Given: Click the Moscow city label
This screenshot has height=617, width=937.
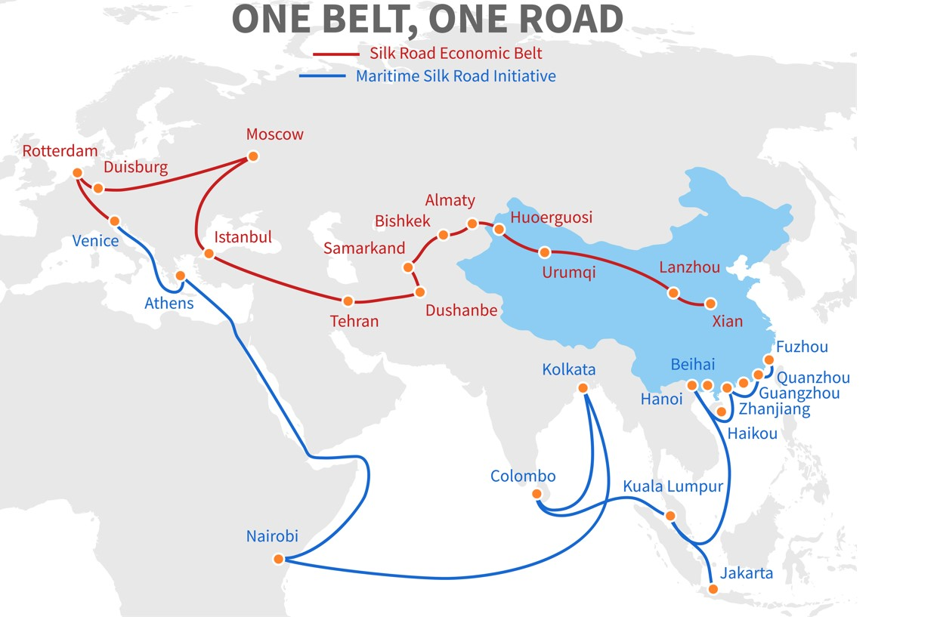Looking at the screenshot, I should pyautogui.click(x=275, y=134).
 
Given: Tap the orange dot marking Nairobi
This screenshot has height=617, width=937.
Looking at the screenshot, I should pyautogui.click(x=278, y=559).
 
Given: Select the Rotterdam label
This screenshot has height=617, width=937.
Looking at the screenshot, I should pyautogui.click(x=60, y=151).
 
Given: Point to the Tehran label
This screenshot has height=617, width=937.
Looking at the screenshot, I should pyautogui.click(x=354, y=321).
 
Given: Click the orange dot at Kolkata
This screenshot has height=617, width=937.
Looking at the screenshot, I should pyautogui.click(x=583, y=388).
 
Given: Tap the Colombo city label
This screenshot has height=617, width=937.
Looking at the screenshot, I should pyautogui.click(x=523, y=477).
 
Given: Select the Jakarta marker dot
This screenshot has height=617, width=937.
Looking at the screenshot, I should pyautogui.click(x=711, y=589).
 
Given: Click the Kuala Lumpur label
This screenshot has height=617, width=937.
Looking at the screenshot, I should pyautogui.click(x=673, y=486).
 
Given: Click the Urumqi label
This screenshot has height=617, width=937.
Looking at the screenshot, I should pyautogui.click(x=568, y=273).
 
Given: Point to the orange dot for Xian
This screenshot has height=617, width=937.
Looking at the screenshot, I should pyautogui.click(x=710, y=304).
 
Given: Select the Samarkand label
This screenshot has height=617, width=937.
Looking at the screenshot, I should pyautogui.click(x=364, y=248).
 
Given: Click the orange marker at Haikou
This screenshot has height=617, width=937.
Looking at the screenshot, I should pyautogui.click(x=722, y=412).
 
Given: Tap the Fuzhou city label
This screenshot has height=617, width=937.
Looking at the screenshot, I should pyautogui.click(x=802, y=347).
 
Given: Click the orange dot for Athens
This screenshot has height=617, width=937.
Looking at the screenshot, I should pyautogui.click(x=181, y=276).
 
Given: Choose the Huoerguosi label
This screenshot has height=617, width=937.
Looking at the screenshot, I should pyautogui.click(x=552, y=217).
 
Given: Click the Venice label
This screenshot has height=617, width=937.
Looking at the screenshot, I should pyautogui.click(x=95, y=241).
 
